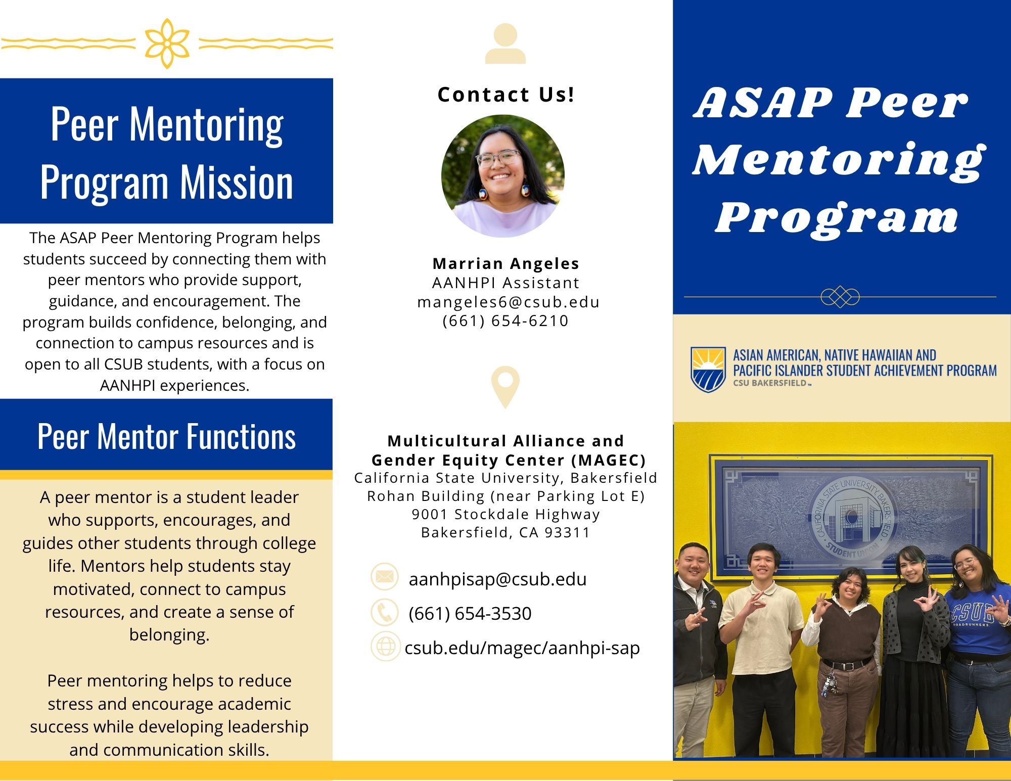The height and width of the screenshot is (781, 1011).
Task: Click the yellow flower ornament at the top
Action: [x=167, y=43]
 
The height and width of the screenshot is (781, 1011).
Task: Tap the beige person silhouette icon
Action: [x=505, y=44]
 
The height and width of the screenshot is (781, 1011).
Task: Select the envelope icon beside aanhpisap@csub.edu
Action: [x=385, y=577]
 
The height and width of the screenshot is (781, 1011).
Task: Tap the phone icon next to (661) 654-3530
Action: [x=385, y=612]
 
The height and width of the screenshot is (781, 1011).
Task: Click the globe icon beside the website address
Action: [x=385, y=647]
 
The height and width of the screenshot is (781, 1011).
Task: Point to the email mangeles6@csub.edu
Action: [x=508, y=302]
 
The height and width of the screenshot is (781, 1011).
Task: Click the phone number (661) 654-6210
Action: [x=505, y=320]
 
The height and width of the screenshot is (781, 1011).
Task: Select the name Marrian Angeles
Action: [x=505, y=263]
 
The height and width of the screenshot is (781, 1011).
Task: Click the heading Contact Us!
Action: [x=505, y=95]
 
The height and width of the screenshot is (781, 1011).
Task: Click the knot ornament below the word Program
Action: [x=840, y=297]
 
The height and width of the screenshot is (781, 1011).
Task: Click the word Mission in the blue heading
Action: [x=237, y=182]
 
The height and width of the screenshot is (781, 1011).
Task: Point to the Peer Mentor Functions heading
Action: [x=166, y=436]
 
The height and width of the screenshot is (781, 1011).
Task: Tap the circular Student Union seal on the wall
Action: [x=851, y=517]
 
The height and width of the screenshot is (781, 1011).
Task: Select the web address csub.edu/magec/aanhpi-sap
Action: [x=522, y=648]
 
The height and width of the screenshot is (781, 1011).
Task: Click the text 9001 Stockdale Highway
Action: [x=505, y=514]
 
